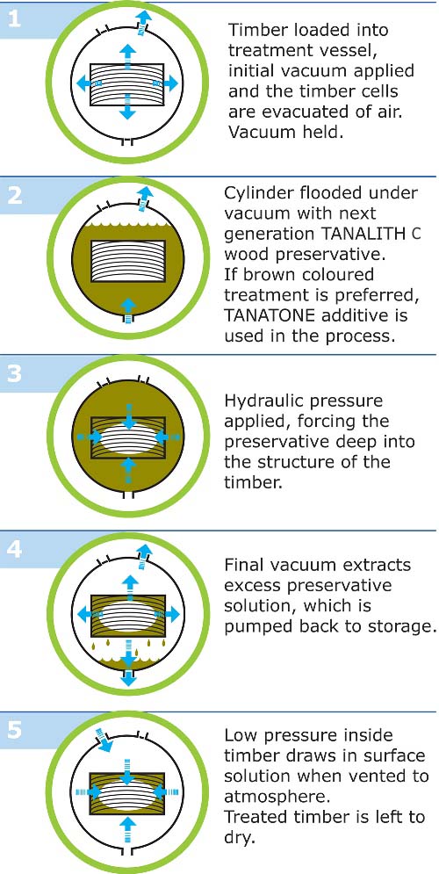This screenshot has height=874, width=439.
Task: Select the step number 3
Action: pos(14,373)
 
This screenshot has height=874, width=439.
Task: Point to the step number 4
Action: pos(14,549)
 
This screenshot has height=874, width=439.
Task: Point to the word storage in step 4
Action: pos(402,627)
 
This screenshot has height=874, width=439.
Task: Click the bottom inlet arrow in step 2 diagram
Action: pos(128,310)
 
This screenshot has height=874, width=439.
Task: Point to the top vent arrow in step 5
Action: pos(104,738)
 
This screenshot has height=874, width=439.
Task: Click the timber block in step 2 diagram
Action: pos(128,262)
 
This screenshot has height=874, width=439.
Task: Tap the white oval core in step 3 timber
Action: pos(128,437)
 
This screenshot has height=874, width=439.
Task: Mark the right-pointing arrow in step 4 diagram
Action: pos(169,615)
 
